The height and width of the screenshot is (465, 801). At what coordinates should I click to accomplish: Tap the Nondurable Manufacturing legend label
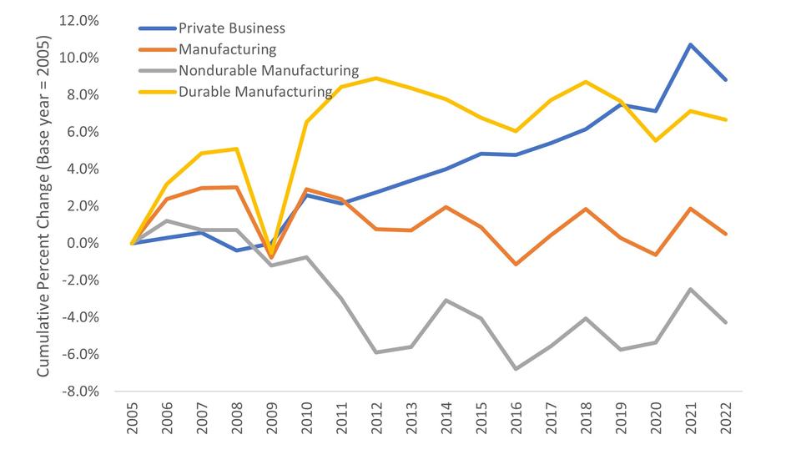pyautogui.click(x=268, y=71)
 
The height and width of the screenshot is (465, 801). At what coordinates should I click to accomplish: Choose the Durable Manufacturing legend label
pyautogui.click(x=255, y=91)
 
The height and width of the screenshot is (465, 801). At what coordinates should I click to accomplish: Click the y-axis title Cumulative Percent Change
pyautogui.click(x=43, y=205)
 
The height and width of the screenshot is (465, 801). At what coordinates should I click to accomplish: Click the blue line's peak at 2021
pyautogui.click(x=691, y=44)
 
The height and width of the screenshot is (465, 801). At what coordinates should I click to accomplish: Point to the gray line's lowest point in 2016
pyautogui.click(x=516, y=368)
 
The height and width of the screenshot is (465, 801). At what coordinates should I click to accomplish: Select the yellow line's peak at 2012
pyautogui.click(x=376, y=78)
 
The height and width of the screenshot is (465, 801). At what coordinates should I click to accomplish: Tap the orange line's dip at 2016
pyautogui.click(x=516, y=264)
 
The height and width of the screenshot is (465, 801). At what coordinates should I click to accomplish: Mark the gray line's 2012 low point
pyautogui.click(x=376, y=352)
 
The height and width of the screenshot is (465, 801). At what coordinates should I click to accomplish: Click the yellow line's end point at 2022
pyautogui.click(x=726, y=119)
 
